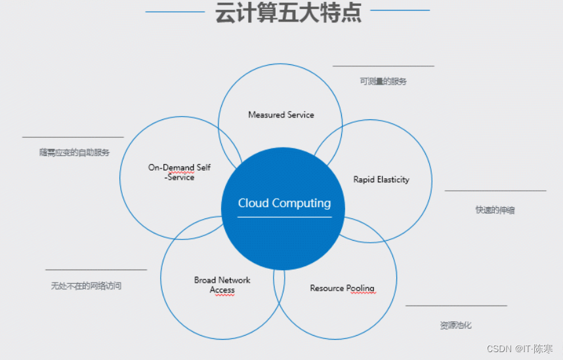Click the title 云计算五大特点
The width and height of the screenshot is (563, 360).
point(288,12)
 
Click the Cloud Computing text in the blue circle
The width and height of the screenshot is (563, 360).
point(284,203)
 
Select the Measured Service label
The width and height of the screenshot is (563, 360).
point(281,115)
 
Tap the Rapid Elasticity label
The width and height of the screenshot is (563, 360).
point(381,180)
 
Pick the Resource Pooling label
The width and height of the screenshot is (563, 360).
point(342,288)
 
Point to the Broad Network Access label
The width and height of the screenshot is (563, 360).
point(222,285)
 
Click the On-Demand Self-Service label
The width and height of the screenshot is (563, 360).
point(179,172)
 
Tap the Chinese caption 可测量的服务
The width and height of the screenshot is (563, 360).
point(383,81)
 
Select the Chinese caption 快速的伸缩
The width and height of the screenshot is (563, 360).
point(495,210)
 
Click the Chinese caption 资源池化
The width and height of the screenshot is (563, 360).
point(455,325)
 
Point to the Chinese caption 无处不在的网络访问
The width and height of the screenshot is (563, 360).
point(86,286)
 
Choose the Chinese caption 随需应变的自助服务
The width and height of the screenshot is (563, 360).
point(74,152)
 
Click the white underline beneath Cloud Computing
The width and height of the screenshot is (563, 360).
point(284,217)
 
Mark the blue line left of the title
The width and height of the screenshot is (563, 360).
point(175,12)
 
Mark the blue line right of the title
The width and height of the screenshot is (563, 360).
point(400,10)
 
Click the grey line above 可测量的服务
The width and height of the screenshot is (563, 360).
point(383,66)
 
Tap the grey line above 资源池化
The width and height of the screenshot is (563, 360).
point(456,306)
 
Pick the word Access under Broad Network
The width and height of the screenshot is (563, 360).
point(222,290)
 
